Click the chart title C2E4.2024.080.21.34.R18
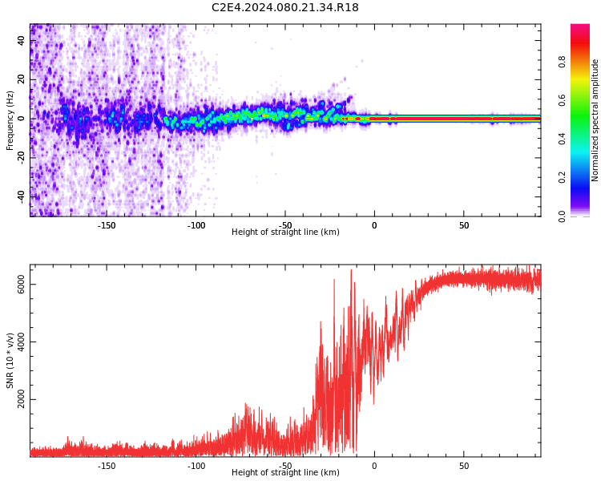[x=285, y=8]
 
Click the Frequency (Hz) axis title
[x=10, y=120]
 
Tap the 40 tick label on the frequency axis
[x=22, y=41]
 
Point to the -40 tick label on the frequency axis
[x=22, y=196]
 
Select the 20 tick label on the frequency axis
[x=22, y=79]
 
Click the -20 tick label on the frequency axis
[x=22, y=157]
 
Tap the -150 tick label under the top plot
[x=107, y=225]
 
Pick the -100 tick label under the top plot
[x=196, y=225]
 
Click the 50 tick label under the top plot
[x=464, y=225]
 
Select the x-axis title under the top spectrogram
[x=285, y=232]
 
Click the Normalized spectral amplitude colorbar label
[x=595, y=120]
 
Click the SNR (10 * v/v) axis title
[x=10, y=361]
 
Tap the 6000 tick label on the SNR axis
[x=22, y=285]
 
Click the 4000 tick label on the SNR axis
[x=22, y=342]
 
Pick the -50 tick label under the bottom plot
[x=285, y=466]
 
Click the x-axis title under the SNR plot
[x=285, y=473]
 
